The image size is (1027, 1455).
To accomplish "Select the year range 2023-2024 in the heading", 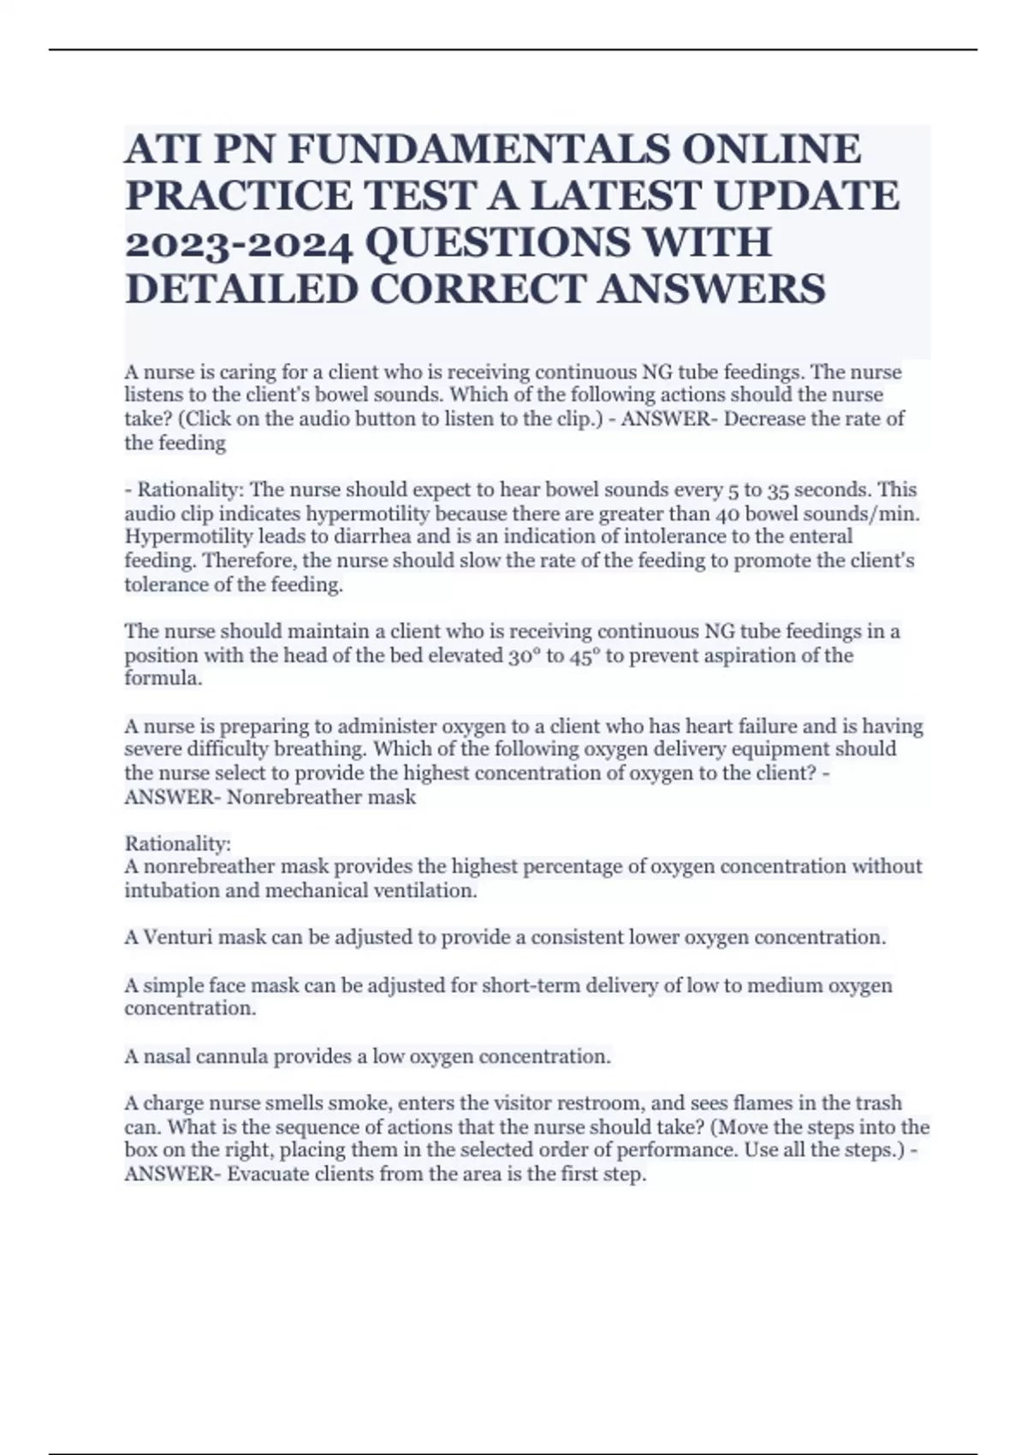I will (239, 243).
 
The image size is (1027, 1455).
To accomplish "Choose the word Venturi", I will (178, 938).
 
